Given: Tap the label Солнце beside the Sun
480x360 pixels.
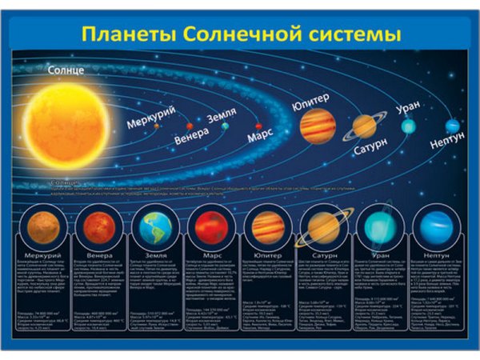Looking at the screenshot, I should pyautogui.click(x=66, y=70).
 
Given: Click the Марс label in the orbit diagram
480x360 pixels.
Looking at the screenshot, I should pyautogui.click(x=261, y=136).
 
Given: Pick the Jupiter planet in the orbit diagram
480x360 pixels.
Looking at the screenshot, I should pyautogui.click(x=318, y=126).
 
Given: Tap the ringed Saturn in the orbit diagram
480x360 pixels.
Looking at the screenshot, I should pyautogui.click(x=364, y=126).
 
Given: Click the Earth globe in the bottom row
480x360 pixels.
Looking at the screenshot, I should pyautogui.click(x=155, y=227).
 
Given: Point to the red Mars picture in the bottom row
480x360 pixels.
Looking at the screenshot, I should pyautogui.click(x=210, y=227).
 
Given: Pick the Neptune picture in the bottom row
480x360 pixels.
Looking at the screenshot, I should pyautogui.click(x=435, y=227).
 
